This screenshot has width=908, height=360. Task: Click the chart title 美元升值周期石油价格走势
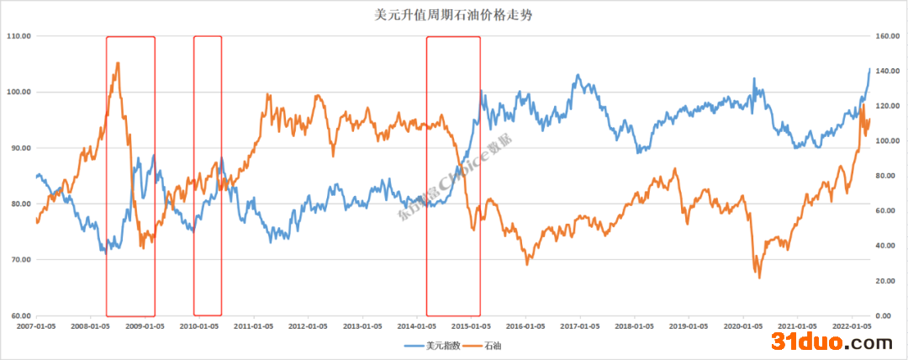(x=453, y=14)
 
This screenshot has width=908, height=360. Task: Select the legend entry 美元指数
(x=441, y=345)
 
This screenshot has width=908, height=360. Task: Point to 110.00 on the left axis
(x=18, y=36)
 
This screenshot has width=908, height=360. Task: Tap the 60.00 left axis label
(x=18, y=315)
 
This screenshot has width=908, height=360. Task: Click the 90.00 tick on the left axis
(x=18, y=148)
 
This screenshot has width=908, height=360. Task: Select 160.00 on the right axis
(x=888, y=36)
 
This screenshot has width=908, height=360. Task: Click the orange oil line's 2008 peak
(x=118, y=62)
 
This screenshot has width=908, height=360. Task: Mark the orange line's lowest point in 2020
(x=759, y=278)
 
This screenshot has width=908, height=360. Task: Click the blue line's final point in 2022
(x=869, y=69)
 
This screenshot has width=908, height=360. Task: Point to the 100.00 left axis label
(x=18, y=92)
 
